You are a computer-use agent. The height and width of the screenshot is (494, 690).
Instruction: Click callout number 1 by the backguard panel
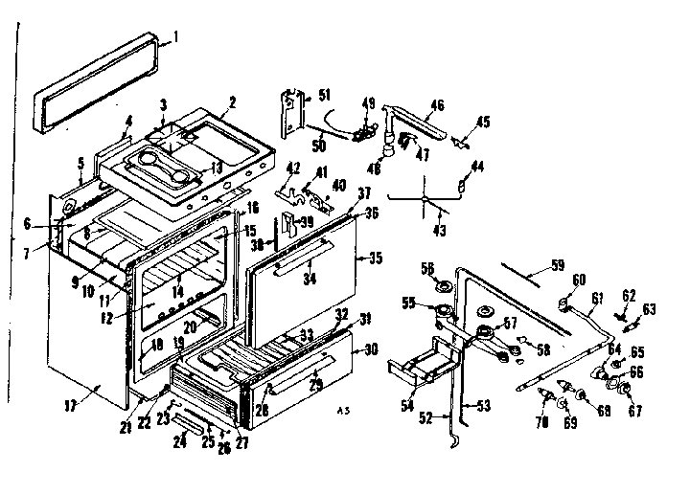tap(176, 38)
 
